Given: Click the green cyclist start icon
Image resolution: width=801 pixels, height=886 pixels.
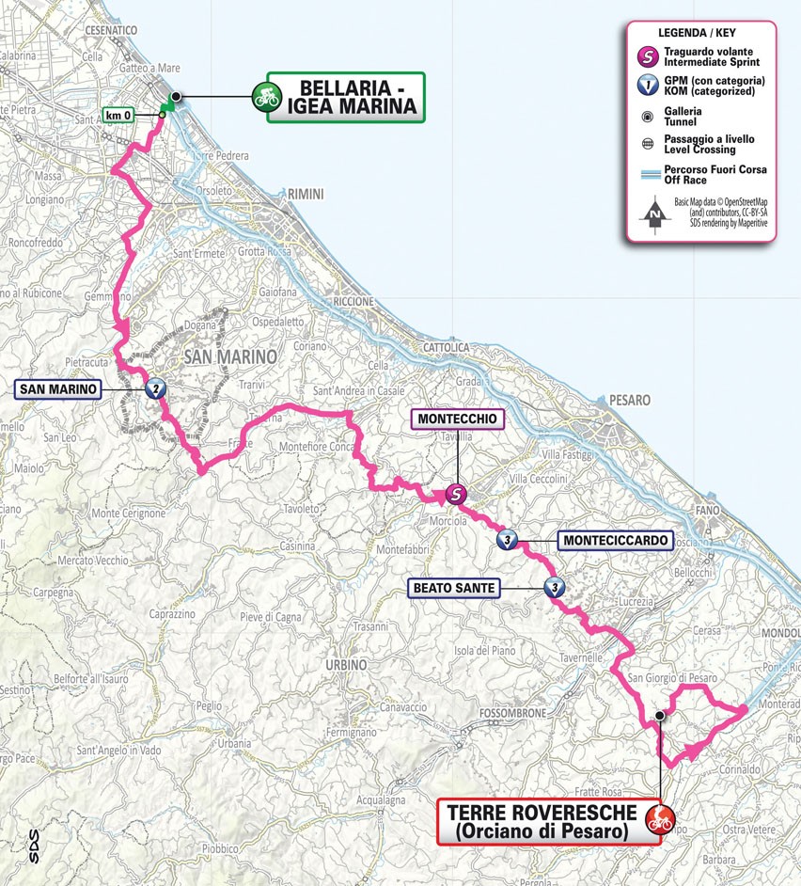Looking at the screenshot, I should click(x=266, y=96).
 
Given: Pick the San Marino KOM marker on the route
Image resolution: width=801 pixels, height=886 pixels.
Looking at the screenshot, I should click(x=153, y=386).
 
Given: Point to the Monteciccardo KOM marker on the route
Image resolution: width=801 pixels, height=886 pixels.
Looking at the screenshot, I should click(x=508, y=540).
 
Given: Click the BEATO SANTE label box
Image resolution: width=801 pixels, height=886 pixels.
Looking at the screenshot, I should click(x=451, y=588).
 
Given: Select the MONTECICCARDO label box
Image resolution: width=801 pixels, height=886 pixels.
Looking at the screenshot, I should click(x=616, y=540).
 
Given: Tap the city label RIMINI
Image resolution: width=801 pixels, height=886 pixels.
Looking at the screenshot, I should click(x=306, y=194).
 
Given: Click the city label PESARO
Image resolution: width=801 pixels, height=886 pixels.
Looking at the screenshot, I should click(x=628, y=400).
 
